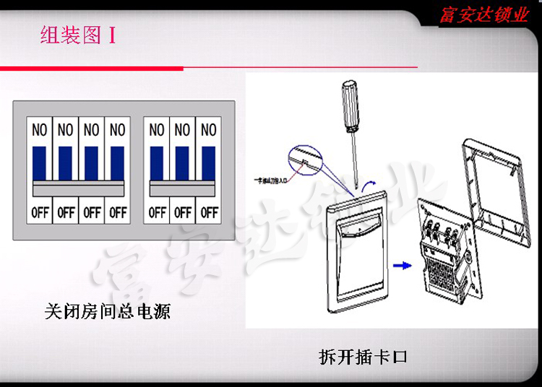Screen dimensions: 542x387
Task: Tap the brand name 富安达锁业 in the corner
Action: (x=484, y=14)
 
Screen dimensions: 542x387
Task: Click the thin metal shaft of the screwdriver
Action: (x=353, y=162)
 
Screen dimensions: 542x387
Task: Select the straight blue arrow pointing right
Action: (x=402, y=266)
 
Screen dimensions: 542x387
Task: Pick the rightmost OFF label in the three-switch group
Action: (x=209, y=212)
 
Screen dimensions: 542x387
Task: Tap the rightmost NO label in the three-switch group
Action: (x=209, y=130)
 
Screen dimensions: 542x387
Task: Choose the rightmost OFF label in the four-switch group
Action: (x=118, y=212)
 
